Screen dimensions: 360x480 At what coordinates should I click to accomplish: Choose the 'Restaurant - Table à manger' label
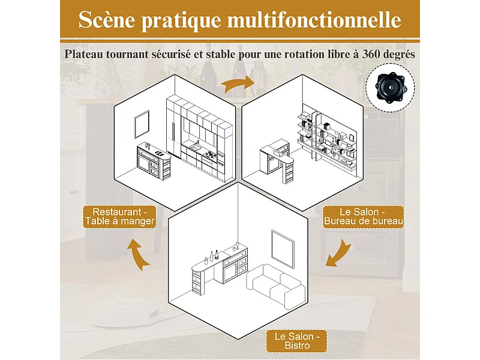(x=120, y=217)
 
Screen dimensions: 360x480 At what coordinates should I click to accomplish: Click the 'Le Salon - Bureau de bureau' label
(x=362, y=217)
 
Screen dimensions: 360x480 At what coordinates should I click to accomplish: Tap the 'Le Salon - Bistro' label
(x=298, y=341)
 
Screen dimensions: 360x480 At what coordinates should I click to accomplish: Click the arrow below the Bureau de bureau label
(x=337, y=253)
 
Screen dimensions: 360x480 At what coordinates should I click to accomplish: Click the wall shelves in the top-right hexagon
(x=329, y=138)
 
